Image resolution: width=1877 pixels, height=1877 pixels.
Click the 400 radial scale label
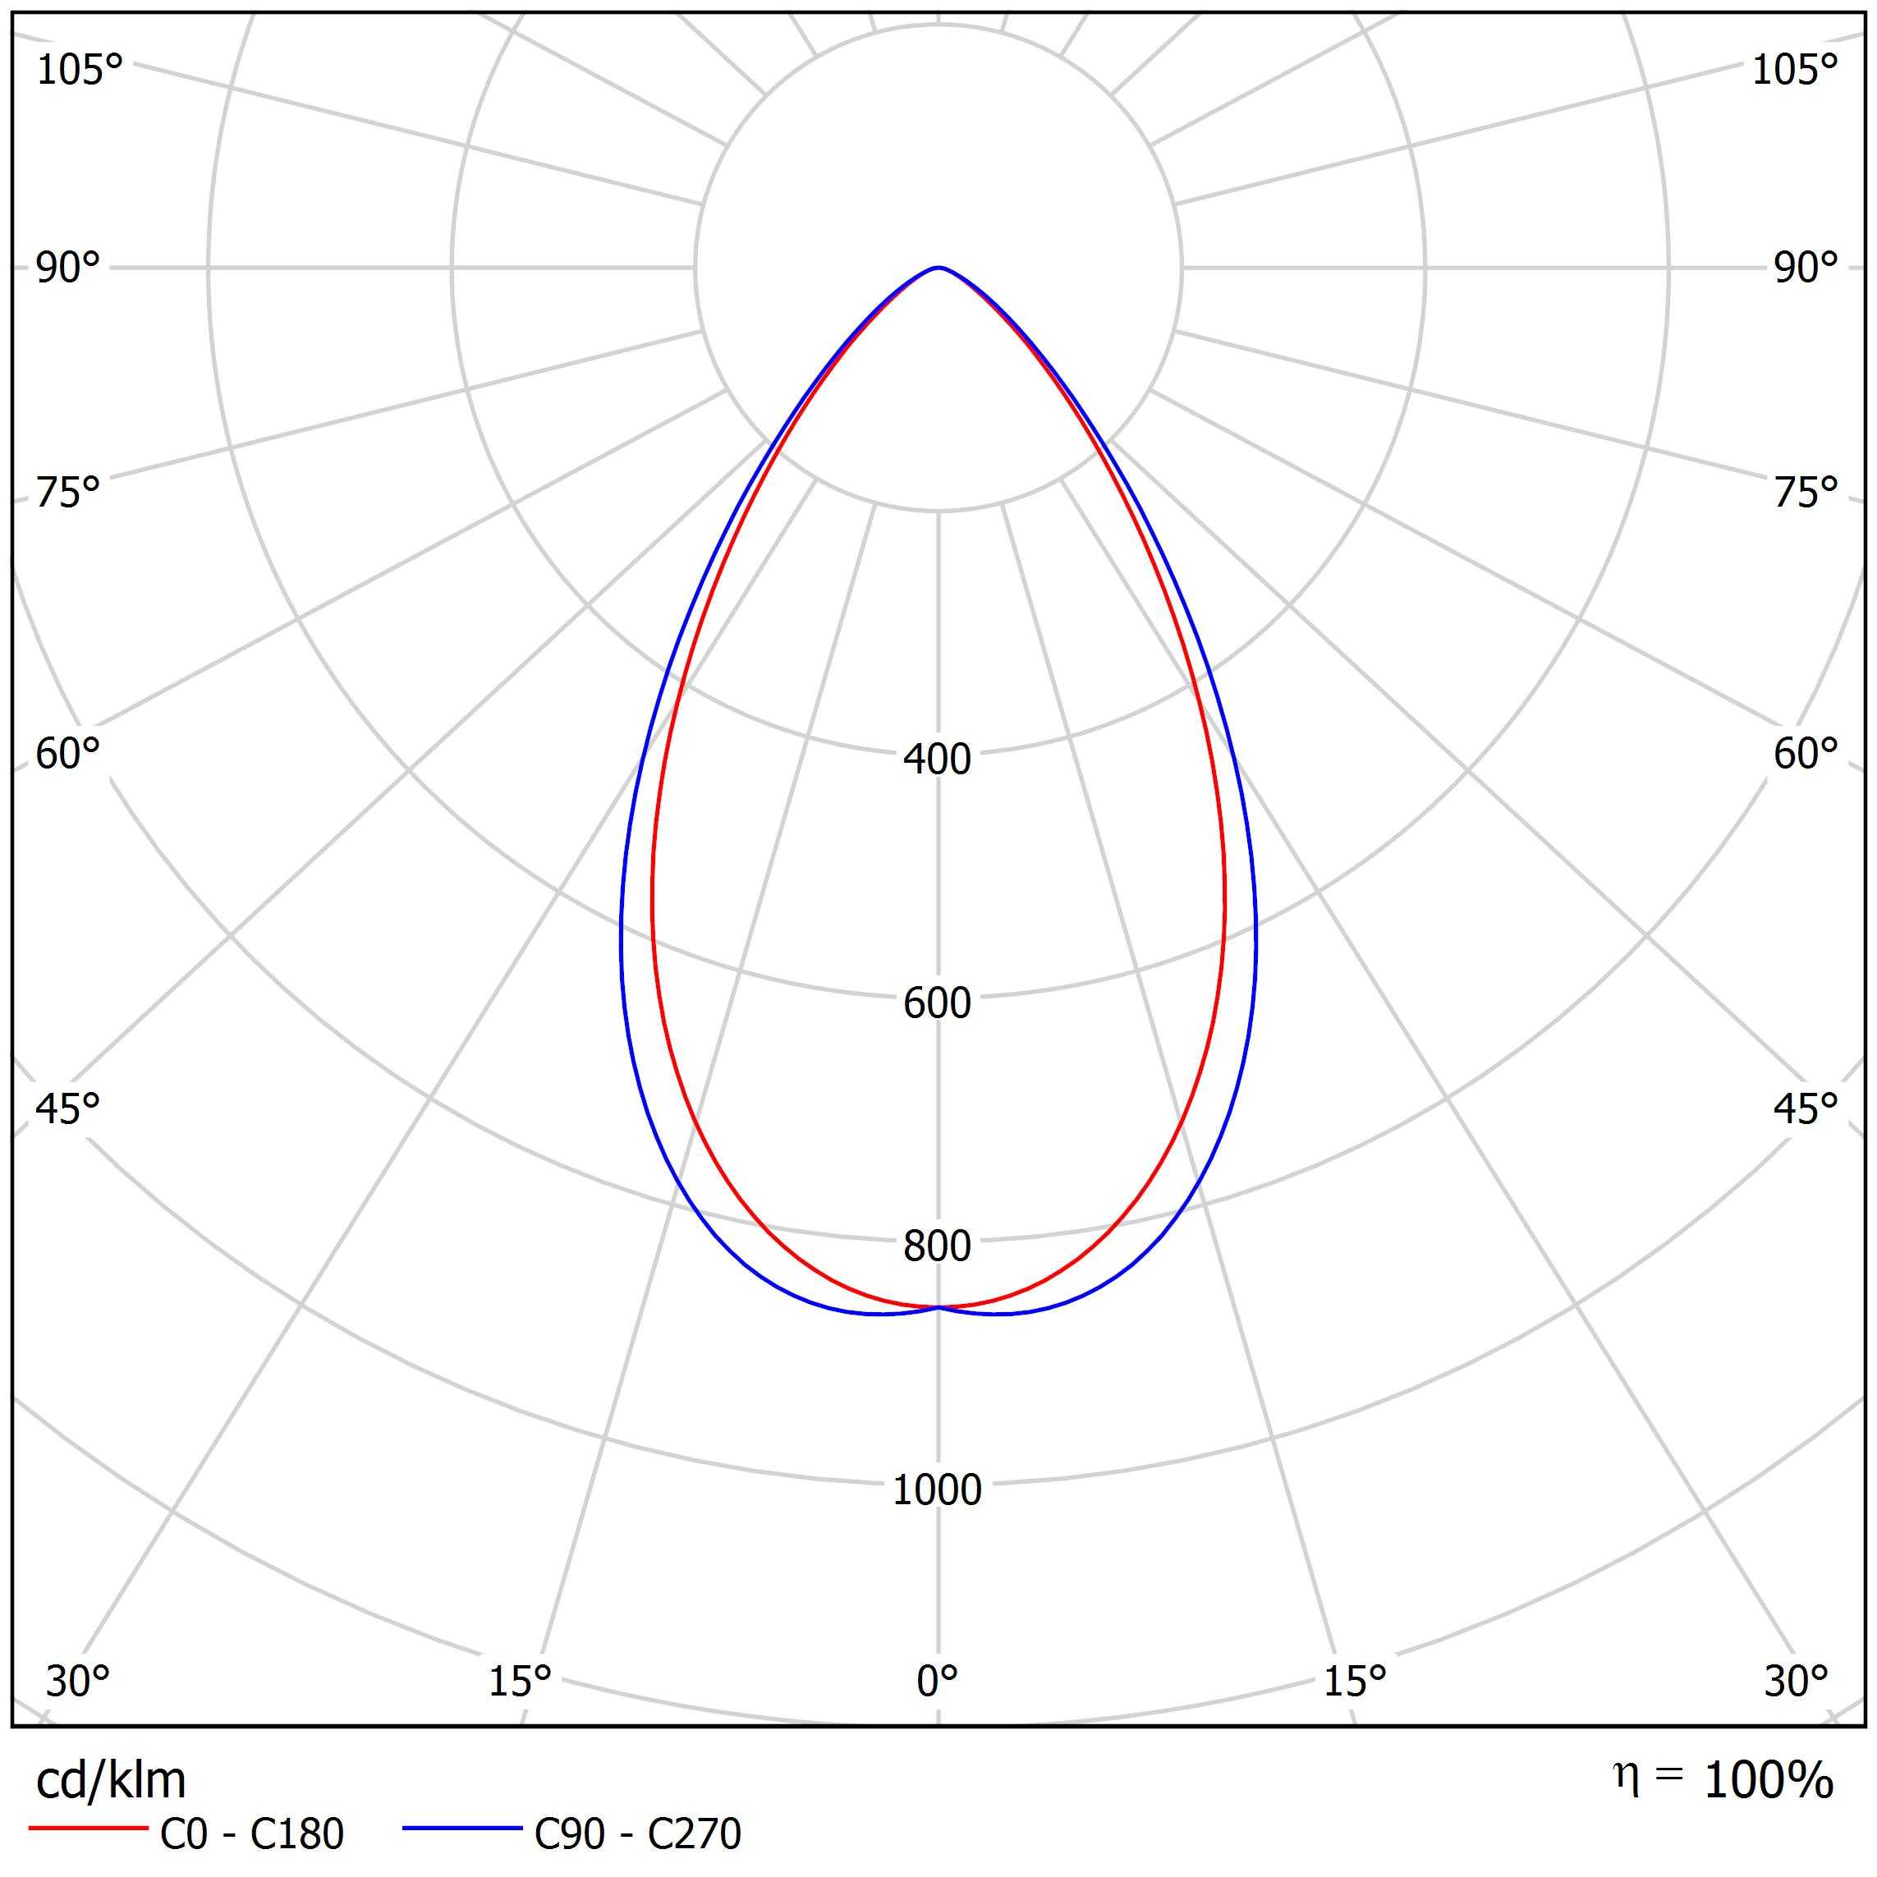point(937,759)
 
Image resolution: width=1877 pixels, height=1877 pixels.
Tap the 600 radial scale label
point(937,1003)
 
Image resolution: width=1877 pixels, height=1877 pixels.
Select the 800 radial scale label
point(937,1246)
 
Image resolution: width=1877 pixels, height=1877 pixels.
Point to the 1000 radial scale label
point(937,1489)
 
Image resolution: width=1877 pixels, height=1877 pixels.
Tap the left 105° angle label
point(80,70)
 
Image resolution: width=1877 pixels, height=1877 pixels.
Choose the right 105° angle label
point(1794,70)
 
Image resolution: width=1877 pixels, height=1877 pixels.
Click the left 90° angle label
point(68,268)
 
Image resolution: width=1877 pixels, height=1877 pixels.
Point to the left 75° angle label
point(68,493)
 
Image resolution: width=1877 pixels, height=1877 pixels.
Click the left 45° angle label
point(68,1108)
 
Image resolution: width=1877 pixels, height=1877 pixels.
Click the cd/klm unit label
point(111,1781)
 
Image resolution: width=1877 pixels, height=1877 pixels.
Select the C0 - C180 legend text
point(251,1833)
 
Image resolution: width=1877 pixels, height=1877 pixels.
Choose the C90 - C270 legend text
point(637,1833)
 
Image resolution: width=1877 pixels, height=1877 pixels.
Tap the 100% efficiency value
point(1768,1780)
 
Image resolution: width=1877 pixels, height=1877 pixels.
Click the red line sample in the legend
point(87,1829)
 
